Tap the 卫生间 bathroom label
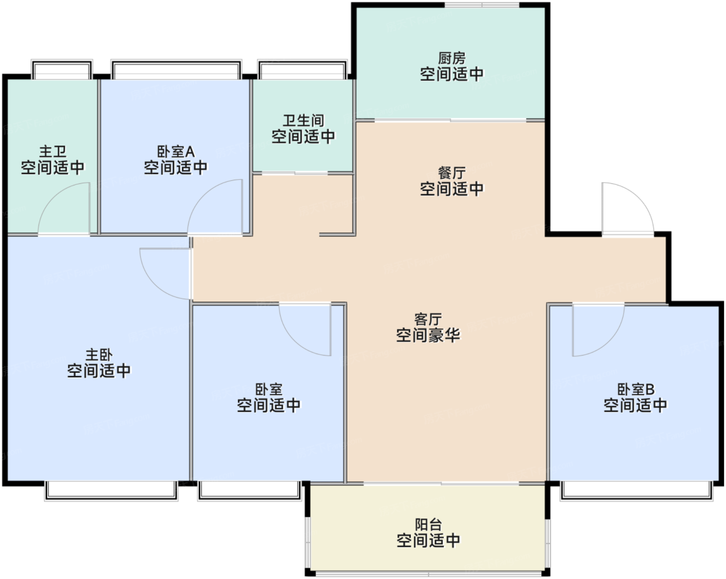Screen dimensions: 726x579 pos(303,121)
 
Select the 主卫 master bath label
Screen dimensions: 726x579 pos(52,152)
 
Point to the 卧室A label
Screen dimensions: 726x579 pos(176,152)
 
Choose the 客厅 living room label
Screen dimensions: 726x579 pos(428,319)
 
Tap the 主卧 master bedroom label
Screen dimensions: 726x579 pos(99,355)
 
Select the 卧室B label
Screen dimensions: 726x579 pos(636,389)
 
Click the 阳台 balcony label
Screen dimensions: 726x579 pos(428,525)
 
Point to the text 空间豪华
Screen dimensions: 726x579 pos(428,335)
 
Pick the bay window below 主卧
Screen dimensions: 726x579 pos(111,491)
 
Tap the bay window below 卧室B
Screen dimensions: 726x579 pos(637,491)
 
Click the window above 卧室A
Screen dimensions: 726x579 pos(176,70)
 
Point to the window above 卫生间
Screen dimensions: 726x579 pos(302,70)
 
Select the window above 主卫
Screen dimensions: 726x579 pos(62,70)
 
